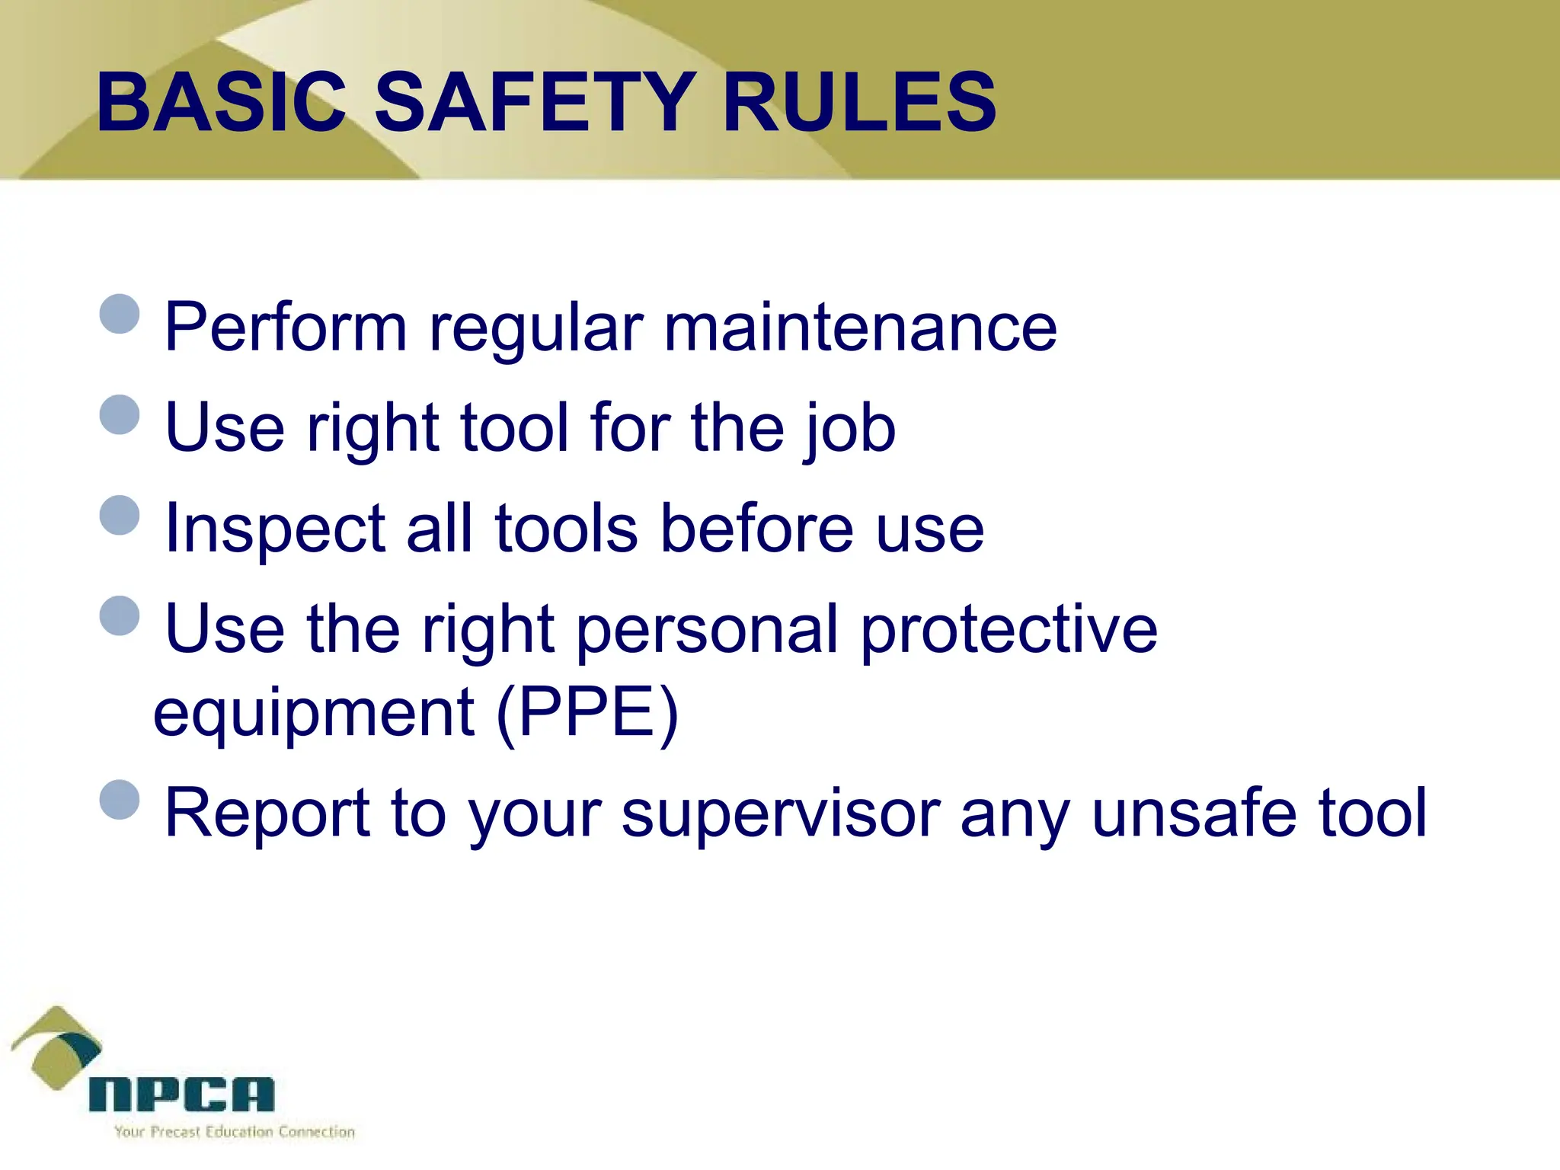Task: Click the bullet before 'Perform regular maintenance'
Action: [120, 314]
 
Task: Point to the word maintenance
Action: [860, 328]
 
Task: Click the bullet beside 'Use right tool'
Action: [120, 414]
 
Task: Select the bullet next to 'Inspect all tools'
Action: [120, 516]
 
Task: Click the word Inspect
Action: [275, 530]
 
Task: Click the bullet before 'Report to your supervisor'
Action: [120, 800]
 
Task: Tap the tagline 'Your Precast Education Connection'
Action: [235, 1132]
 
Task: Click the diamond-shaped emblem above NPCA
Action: [56, 1047]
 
